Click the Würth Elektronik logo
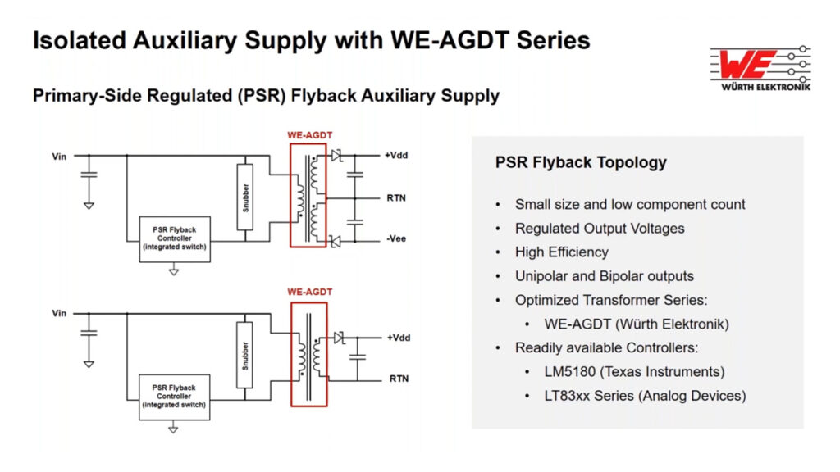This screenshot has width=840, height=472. click(x=760, y=69)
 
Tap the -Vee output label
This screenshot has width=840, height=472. click(x=397, y=239)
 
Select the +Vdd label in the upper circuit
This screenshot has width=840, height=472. click(x=397, y=155)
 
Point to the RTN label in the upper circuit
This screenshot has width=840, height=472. click(x=397, y=197)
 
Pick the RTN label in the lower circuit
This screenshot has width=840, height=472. click(x=398, y=379)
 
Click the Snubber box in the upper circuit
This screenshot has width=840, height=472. click(x=245, y=197)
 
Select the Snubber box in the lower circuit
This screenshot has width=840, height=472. click(x=245, y=356)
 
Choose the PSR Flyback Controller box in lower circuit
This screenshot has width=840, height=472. click(x=175, y=397)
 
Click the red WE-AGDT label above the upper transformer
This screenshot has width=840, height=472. click(x=309, y=135)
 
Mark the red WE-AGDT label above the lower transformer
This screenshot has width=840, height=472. click(x=309, y=293)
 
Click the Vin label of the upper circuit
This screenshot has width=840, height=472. click(x=59, y=155)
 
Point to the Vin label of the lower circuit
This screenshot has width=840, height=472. click(x=59, y=313)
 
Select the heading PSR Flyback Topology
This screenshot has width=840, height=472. click(x=581, y=162)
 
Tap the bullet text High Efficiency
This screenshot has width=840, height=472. click(x=562, y=252)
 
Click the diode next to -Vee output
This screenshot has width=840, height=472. click(x=335, y=241)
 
